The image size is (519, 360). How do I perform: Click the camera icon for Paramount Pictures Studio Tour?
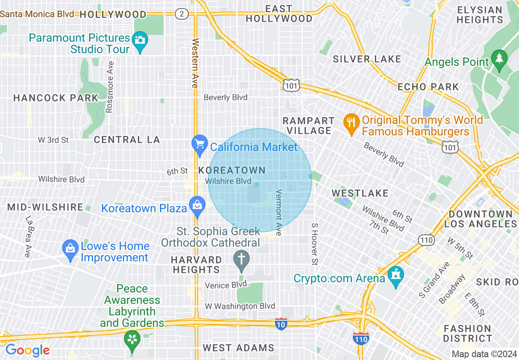click(x=140, y=40)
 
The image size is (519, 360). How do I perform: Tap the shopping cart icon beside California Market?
click(x=200, y=144)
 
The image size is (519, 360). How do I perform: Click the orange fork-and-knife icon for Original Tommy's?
click(x=351, y=122)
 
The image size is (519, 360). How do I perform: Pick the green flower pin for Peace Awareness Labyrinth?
click(x=132, y=339)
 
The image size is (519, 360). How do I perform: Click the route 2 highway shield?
click(x=182, y=14)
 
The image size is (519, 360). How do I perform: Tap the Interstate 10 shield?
click(x=281, y=323)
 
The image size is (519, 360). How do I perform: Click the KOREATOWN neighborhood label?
click(x=232, y=170)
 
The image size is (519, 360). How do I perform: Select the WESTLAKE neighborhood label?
click(x=360, y=193)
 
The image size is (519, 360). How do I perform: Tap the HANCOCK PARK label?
click(x=56, y=98)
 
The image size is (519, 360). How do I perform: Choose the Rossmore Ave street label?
click(x=110, y=87)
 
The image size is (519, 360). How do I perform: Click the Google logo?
click(x=27, y=350)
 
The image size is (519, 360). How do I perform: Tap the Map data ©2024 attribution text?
click(x=484, y=354)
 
